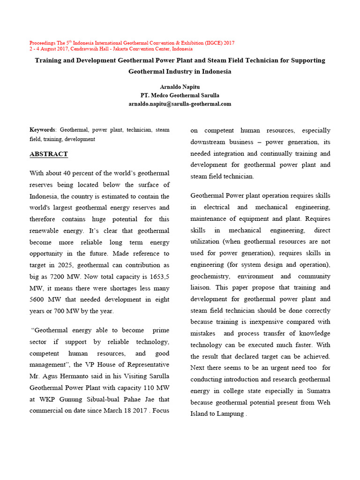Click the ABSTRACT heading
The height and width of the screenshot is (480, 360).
pyautogui.click(x=49, y=154)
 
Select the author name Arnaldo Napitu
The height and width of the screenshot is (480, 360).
pyautogui.click(x=180, y=87)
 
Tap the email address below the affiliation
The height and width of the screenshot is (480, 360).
pyautogui.click(x=180, y=104)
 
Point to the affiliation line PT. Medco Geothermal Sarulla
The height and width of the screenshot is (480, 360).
pyautogui.click(x=180, y=95)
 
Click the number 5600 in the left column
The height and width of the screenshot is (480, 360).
pyautogui.click(x=39, y=300)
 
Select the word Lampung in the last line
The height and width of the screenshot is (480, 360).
pyautogui.click(x=229, y=414)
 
